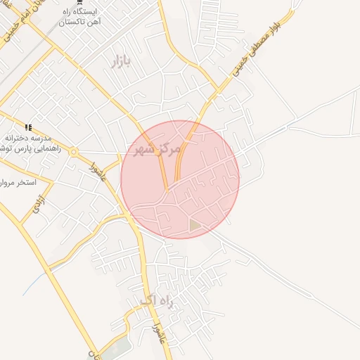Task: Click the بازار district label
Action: [x=121, y=62]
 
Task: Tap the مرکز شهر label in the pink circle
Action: [x=156, y=148]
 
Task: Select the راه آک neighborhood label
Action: [x=155, y=301]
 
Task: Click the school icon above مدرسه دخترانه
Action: [x=28, y=127]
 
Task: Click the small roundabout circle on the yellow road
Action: [x=74, y=152]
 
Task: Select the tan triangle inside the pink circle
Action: [x=194, y=225]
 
